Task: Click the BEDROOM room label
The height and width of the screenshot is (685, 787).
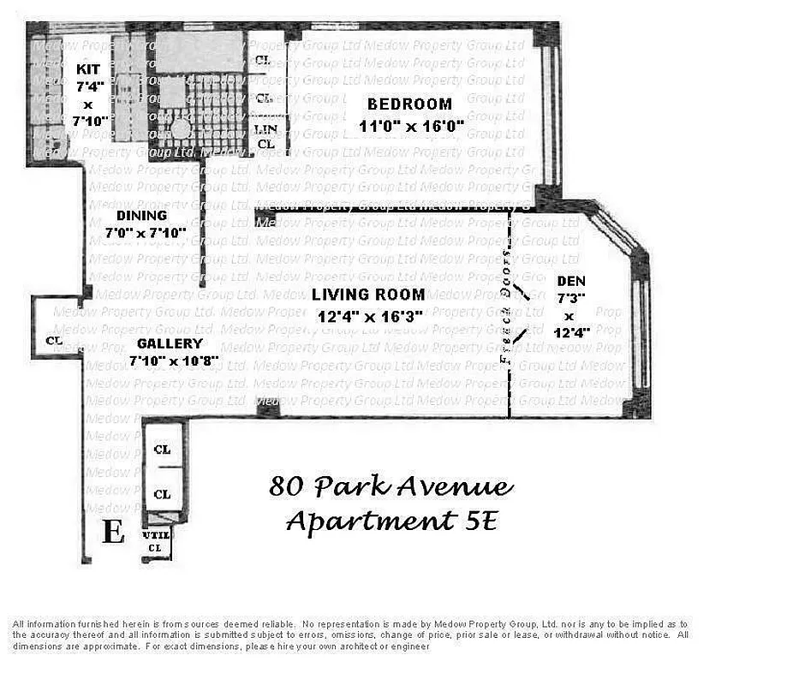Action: pyautogui.click(x=410, y=104)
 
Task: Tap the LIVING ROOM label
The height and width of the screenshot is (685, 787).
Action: pyautogui.click(x=368, y=295)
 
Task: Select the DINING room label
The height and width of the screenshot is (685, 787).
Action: pyautogui.click(x=142, y=216)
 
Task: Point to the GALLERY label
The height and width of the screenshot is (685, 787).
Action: pyautogui.click(x=170, y=344)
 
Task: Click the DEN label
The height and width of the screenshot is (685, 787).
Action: pyautogui.click(x=571, y=282)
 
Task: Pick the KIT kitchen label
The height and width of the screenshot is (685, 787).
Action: pyautogui.click(x=88, y=69)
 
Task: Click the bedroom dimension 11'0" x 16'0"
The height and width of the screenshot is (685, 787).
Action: pyautogui.click(x=411, y=126)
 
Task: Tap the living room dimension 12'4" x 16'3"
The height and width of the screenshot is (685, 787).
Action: pyautogui.click(x=371, y=316)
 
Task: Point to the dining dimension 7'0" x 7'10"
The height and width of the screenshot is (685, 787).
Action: pyautogui.click(x=145, y=232)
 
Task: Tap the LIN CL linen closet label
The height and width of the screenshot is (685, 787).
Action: pyautogui.click(x=265, y=137)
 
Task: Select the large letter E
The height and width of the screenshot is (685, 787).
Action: pyautogui.click(x=113, y=532)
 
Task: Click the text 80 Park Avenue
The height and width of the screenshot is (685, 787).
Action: pyautogui.click(x=391, y=487)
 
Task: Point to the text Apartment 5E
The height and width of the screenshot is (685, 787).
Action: pyautogui.click(x=391, y=520)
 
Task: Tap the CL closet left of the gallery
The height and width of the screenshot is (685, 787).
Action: pyautogui.click(x=55, y=341)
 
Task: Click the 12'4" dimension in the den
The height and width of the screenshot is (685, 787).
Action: pyautogui.click(x=570, y=334)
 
